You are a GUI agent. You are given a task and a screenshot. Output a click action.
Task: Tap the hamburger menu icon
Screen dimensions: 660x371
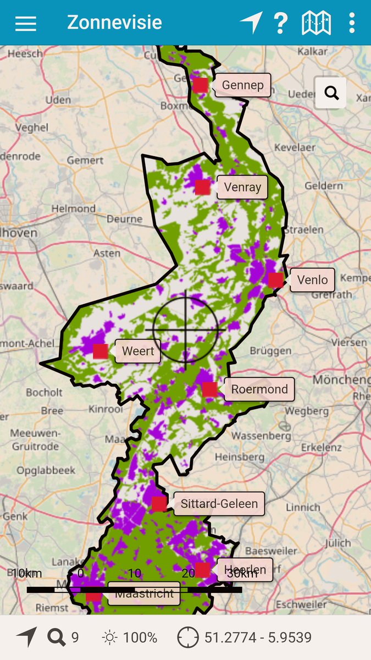(x=26, y=23)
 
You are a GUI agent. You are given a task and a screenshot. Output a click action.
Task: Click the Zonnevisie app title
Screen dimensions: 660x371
(x=114, y=23)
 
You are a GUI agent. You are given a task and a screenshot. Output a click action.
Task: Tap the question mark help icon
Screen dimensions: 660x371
(x=280, y=23)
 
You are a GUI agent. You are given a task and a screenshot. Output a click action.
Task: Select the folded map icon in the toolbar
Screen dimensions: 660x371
(x=316, y=23)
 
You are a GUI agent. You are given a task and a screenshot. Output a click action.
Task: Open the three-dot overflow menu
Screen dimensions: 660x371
(x=352, y=23)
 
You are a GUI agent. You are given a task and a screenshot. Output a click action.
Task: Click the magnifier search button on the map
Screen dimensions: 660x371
(x=331, y=92)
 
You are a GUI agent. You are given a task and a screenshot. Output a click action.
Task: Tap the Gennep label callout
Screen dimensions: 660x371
(x=243, y=85)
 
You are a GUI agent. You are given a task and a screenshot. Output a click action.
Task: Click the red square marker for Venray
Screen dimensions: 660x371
(x=202, y=187)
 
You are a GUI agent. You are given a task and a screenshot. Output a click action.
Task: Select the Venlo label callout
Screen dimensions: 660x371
(x=312, y=280)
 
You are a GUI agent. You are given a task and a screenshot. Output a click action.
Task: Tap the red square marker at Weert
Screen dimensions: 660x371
(x=100, y=351)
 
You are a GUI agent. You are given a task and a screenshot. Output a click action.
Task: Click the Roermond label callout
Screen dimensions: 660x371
(x=259, y=389)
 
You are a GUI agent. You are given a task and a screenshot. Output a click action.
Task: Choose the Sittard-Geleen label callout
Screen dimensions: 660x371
(x=219, y=504)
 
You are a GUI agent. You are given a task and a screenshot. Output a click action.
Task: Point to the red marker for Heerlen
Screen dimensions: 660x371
(x=202, y=570)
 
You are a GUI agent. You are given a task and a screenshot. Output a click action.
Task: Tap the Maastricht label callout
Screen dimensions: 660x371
(x=144, y=593)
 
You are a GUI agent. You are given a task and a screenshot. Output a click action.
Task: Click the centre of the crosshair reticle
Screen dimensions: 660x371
(x=185, y=329)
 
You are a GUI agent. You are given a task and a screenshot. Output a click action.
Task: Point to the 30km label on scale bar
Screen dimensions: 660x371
(x=242, y=573)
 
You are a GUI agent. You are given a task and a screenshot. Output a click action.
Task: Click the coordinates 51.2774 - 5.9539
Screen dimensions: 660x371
(x=258, y=637)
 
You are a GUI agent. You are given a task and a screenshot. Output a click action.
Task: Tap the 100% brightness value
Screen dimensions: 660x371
(x=140, y=637)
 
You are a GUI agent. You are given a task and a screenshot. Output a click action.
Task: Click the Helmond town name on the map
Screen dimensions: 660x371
(x=73, y=209)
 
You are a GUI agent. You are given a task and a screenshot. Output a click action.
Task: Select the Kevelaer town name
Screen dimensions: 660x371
(x=295, y=148)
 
